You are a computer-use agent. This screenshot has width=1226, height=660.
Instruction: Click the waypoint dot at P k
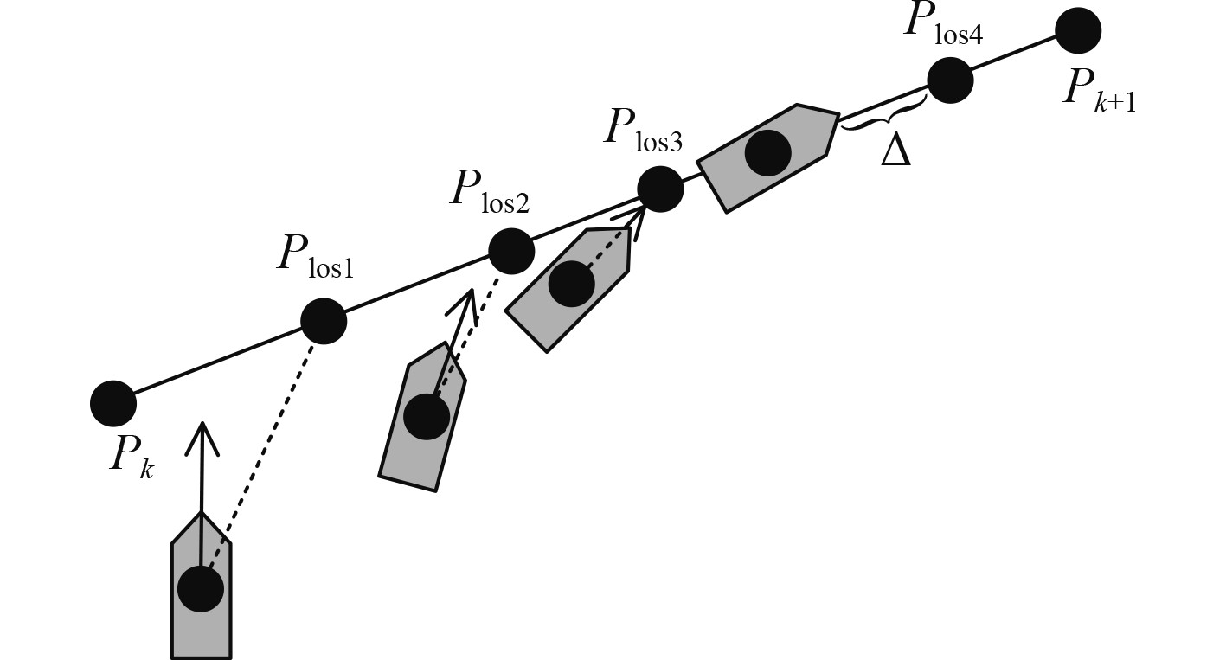[113, 403]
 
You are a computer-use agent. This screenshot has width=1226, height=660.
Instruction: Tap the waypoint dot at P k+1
[1078, 31]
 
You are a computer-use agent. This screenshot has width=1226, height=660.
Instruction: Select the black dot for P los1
[324, 322]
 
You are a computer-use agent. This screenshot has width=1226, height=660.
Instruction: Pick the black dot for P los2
[511, 251]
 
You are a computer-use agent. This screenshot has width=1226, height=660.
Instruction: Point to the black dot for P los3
[660, 189]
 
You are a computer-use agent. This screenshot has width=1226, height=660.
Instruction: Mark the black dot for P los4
[950, 80]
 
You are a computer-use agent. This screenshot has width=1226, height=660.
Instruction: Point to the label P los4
[942, 22]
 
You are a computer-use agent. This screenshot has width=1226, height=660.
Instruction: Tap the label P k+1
[1099, 90]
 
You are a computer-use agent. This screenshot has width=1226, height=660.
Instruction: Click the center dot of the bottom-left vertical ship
[201, 589]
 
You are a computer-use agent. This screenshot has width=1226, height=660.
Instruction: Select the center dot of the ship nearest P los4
[767, 152]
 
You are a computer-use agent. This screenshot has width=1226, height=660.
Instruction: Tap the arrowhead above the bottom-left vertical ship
[202, 438]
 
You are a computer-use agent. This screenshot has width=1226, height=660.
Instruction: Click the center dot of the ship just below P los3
[572, 284]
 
